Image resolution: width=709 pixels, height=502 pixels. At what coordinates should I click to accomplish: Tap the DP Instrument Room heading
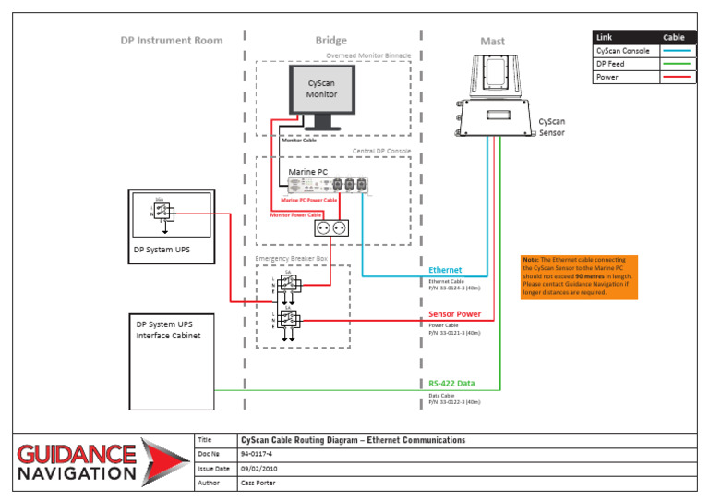click(x=172, y=41)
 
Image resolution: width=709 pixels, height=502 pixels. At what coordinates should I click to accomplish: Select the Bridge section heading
click(x=331, y=41)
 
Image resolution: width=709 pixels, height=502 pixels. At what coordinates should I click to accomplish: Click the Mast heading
click(x=493, y=42)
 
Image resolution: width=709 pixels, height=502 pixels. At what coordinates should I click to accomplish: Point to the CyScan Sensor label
click(x=552, y=127)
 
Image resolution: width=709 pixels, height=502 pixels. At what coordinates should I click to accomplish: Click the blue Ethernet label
click(x=446, y=271)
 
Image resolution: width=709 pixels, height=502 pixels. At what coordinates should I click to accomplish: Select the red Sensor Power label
click(x=454, y=314)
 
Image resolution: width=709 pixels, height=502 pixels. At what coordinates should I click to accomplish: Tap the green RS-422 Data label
click(x=452, y=383)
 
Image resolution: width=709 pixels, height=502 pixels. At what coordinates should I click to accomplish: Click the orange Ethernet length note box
click(x=578, y=276)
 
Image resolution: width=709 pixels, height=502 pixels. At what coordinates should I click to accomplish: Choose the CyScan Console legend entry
click(x=623, y=51)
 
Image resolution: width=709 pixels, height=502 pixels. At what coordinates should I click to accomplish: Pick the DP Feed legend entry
click(x=610, y=64)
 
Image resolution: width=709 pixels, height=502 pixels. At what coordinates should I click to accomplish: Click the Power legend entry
click(x=607, y=77)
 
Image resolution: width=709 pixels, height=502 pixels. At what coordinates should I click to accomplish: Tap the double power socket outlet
click(x=330, y=227)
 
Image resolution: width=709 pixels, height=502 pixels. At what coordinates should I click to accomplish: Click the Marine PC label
click(x=307, y=172)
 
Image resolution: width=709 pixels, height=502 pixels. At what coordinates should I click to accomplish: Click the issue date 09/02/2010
click(x=259, y=469)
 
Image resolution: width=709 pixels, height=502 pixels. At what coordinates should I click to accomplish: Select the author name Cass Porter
click(x=259, y=483)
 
